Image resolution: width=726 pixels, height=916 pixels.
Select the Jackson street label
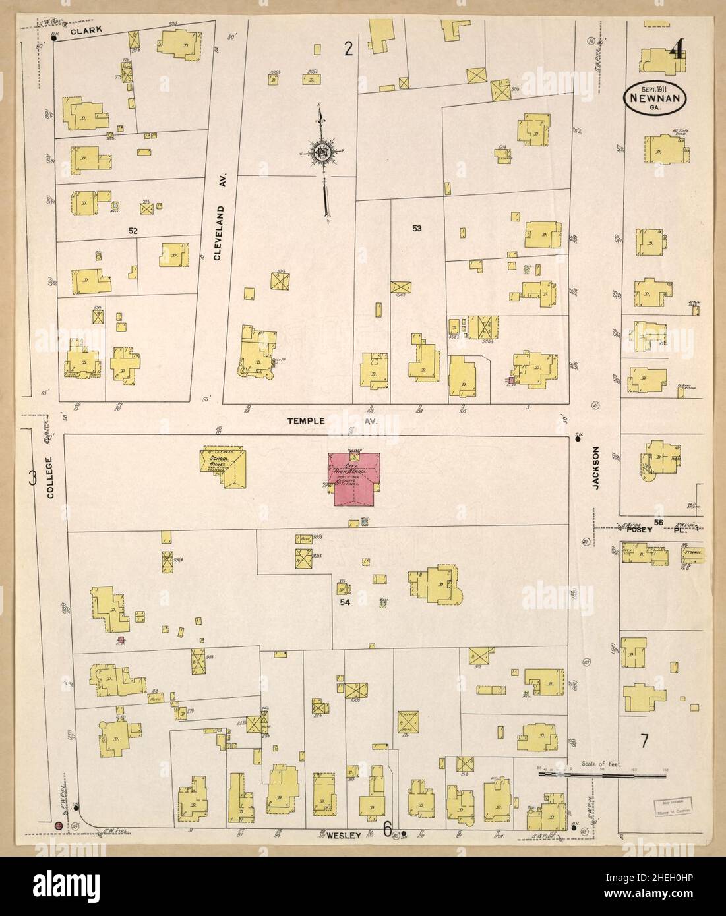point(595,469)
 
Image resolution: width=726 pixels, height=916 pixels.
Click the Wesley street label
point(344,836)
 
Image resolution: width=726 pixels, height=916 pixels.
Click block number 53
point(417,229)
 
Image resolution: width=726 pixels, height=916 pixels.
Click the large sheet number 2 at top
point(349,47)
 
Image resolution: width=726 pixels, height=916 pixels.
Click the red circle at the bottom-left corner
point(59,826)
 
